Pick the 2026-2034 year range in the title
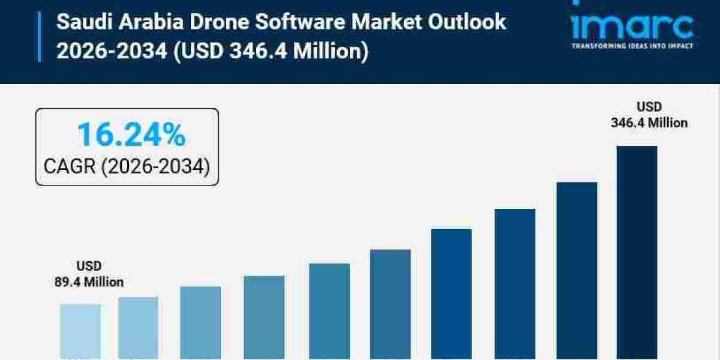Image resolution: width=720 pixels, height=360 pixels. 112,51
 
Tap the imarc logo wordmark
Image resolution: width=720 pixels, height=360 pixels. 632,25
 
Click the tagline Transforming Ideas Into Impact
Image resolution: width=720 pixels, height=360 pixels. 632,46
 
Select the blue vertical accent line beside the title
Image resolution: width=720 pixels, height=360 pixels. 40,37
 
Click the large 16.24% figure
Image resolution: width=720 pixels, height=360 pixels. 131,135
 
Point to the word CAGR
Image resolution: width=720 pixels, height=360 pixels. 69,166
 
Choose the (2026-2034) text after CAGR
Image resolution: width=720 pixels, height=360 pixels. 155,166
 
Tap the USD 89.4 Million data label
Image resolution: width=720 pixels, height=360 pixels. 89,274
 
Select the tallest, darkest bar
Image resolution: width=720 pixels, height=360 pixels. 637,252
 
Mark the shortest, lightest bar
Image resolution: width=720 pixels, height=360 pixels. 80,331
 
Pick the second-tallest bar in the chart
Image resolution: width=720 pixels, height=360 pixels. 577,270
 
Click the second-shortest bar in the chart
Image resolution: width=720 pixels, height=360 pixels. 139,328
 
